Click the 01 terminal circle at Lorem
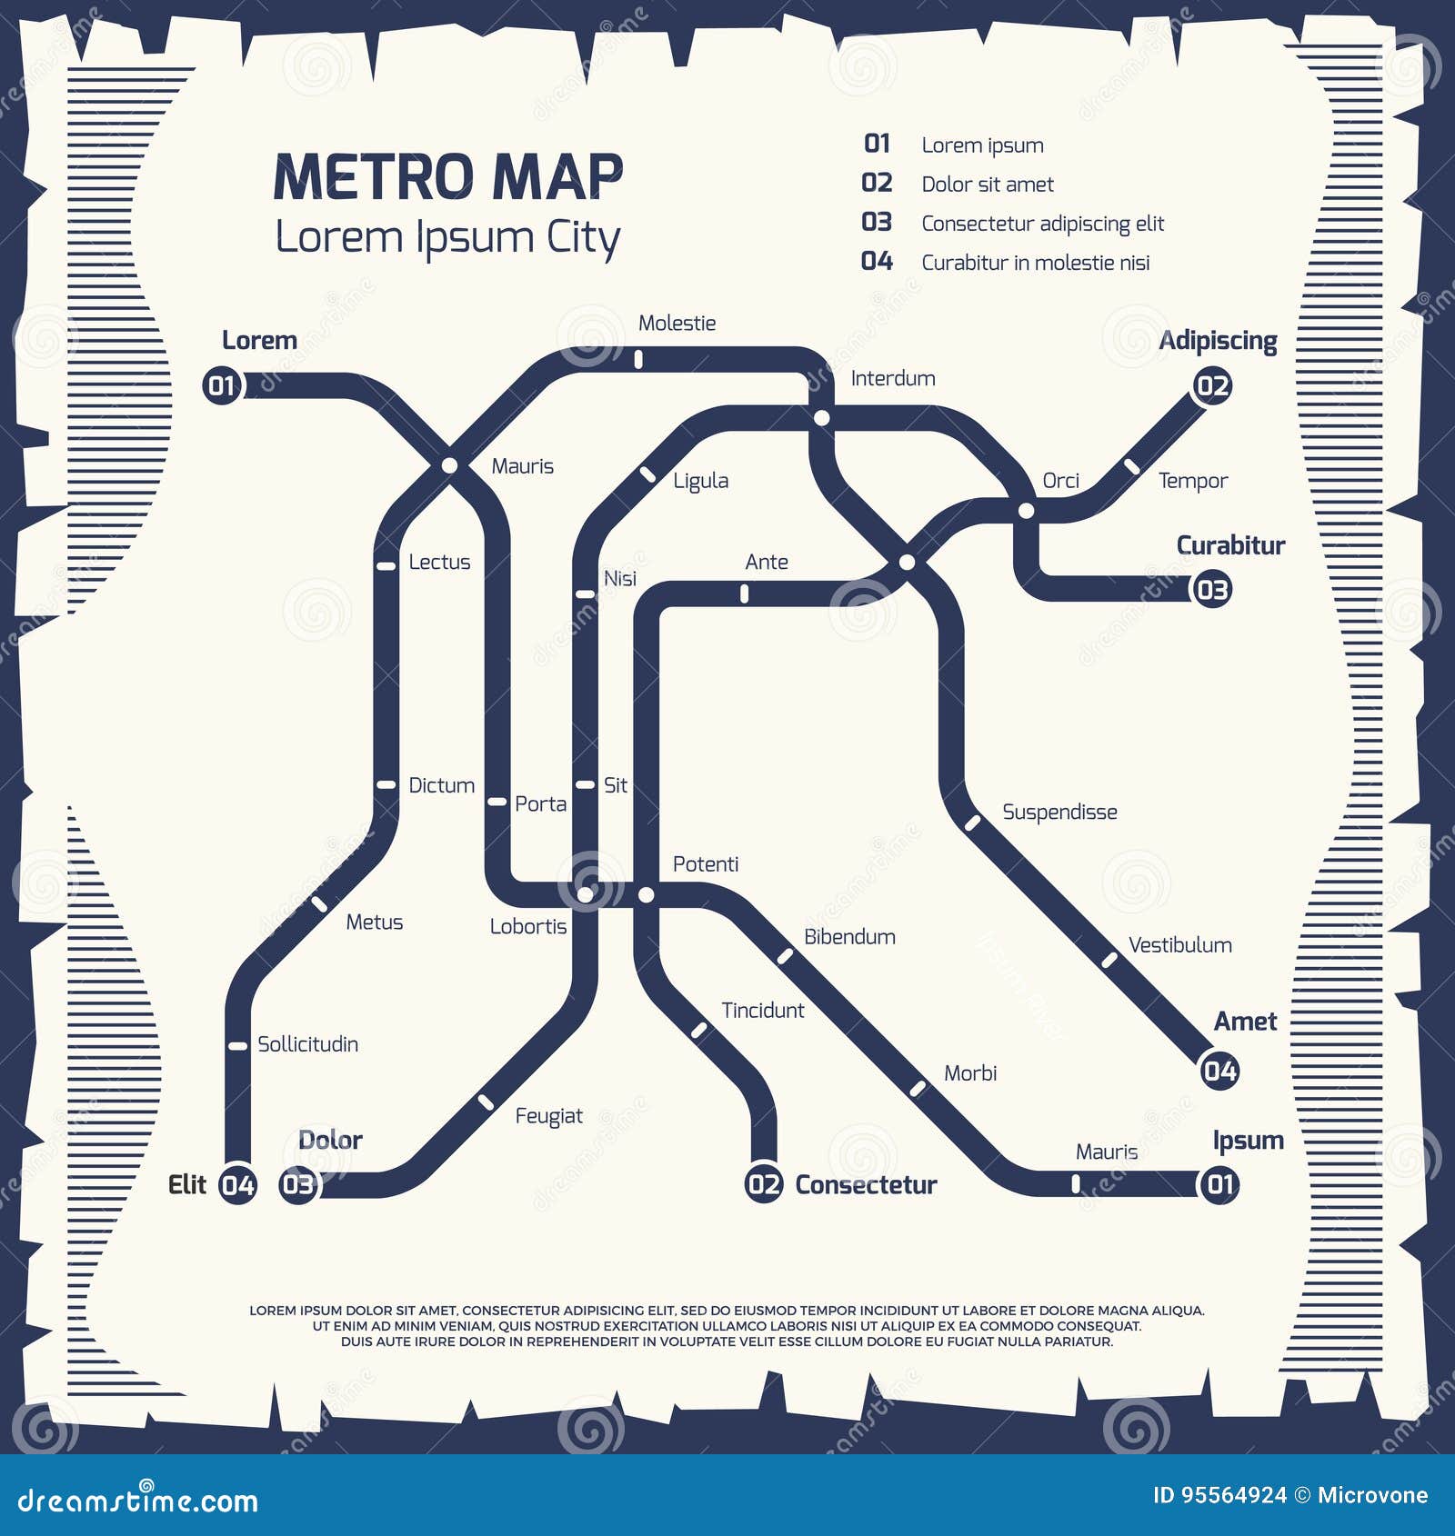click(x=222, y=385)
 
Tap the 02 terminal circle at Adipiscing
click(x=1212, y=385)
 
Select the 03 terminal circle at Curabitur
click(x=1212, y=590)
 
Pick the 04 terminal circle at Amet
click(x=1219, y=1071)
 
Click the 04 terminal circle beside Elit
click(x=238, y=1184)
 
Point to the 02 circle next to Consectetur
click(x=764, y=1184)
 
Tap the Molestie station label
click(x=677, y=324)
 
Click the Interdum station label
click(x=893, y=379)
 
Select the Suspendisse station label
click(x=1059, y=813)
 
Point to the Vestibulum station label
click(x=1179, y=945)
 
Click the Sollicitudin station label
click(x=307, y=1044)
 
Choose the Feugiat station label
click(x=548, y=1116)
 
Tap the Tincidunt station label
click(x=762, y=1011)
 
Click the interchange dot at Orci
click(x=1026, y=511)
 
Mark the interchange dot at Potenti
click(x=646, y=895)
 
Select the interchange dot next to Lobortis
click(x=587, y=895)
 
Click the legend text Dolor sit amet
click(x=988, y=185)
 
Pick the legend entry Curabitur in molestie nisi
click(x=1036, y=263)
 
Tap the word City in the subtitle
click(x=583, y=238)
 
